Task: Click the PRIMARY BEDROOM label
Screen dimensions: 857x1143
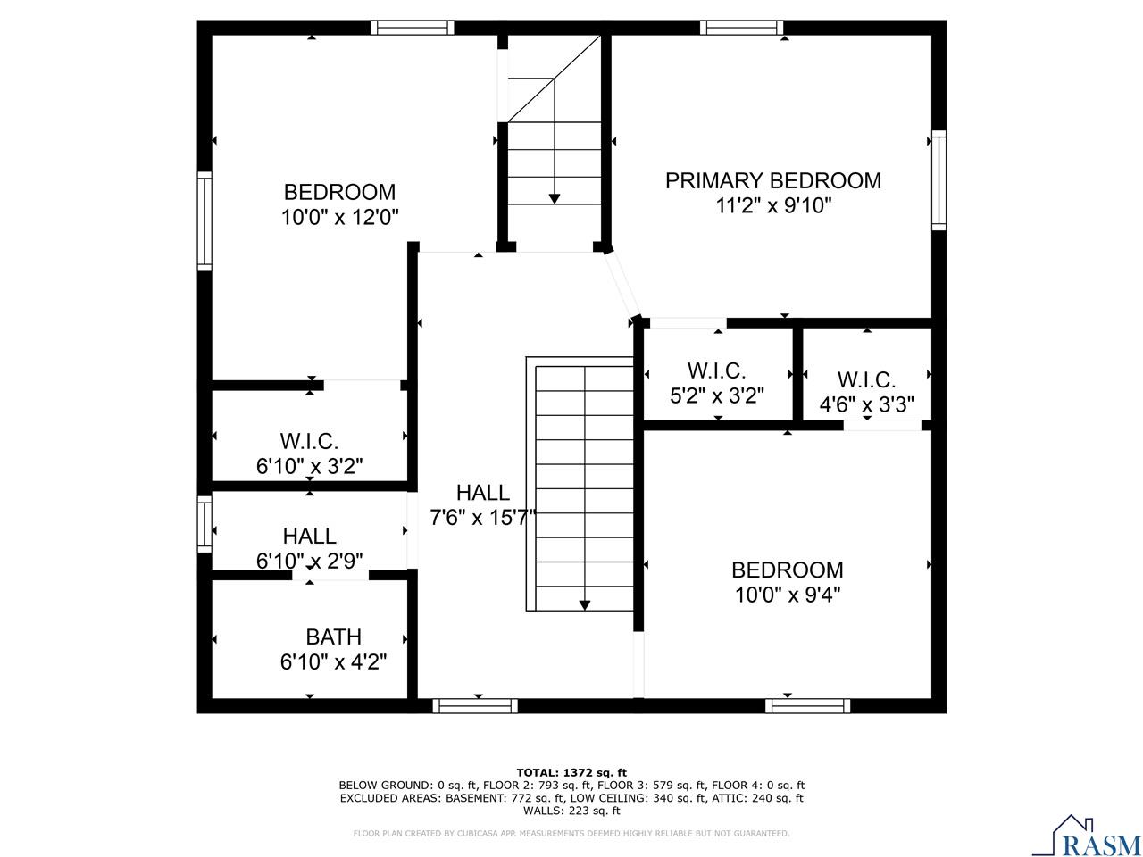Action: click(x=772, y=180)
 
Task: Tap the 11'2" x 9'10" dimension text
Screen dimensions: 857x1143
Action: click(x=772, y=205)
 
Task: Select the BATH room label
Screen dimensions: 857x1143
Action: click(x=333, y=637)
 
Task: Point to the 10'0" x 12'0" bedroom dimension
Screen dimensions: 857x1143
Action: click(x=339, y=217)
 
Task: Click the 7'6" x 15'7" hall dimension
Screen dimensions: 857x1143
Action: click(x=482, y=518)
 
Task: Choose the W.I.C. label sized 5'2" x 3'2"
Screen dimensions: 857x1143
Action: click(x=716, y=370)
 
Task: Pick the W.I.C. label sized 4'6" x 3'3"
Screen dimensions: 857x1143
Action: click(x=866, y=379)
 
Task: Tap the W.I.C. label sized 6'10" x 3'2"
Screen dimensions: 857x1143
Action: click(x=309, y=440)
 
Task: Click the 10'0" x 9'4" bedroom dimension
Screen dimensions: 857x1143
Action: click(x=787, y=595)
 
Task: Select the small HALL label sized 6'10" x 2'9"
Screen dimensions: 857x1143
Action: click(x=309, y=536)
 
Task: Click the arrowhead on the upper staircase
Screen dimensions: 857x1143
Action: click(x=555, y=197)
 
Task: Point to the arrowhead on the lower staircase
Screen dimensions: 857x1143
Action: click(x=585, y=604)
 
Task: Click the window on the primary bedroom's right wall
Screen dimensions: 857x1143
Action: click(x=939, y=179)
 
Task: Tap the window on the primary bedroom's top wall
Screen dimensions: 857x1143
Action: click(x=741, y=28)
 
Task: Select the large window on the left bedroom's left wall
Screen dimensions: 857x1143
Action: click(x=204, y=220)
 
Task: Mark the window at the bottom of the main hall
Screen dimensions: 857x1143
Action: click(x=475, y=706)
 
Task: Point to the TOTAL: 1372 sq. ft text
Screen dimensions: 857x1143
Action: click(x=571, y=772)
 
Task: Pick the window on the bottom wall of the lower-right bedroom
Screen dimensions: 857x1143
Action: click(x=807, y=706)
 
